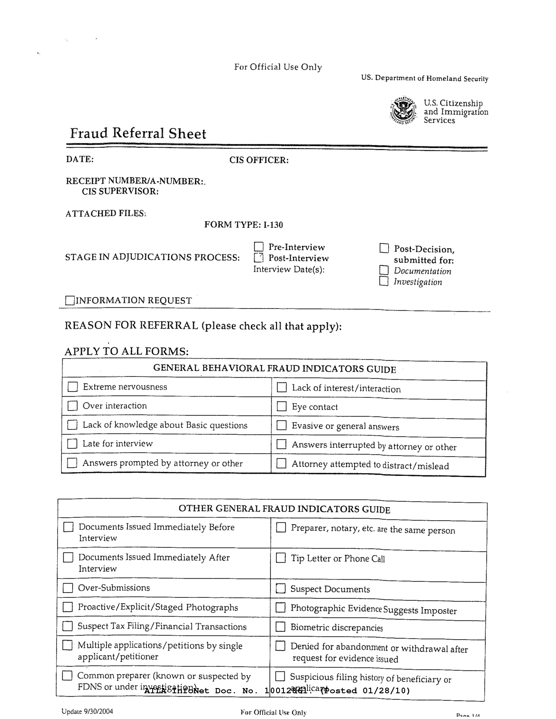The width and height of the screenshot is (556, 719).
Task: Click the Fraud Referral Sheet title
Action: click(x=138, y=133)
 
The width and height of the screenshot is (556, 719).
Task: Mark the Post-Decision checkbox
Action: click(x=384, y=249)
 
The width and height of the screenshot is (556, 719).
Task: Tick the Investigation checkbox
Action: click(x=384, y=281)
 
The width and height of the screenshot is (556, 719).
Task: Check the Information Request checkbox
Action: click(x=70, y=301)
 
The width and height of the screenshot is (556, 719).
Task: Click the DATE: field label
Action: click(x=80, y=159)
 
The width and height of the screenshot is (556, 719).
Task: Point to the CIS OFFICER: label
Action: click(x=259, y=160)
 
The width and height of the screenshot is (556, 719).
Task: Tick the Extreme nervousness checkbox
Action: click(x=72, y=387)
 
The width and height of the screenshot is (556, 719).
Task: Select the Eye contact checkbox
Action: click(x=282, y=407)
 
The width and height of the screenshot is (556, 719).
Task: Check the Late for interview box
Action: click(x=72, y=444)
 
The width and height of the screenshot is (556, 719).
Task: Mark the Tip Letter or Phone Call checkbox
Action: click(x=281, y=558)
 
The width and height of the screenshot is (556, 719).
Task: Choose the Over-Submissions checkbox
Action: click(x=68, y=588)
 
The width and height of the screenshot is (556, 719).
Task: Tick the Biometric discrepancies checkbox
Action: click(x=281, y=627)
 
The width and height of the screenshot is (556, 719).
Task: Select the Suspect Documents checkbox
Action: click(x=280, y=589)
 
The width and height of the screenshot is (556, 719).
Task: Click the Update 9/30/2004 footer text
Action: click(x=87, y=711)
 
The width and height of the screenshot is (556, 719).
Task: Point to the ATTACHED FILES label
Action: click(x=106, y=214)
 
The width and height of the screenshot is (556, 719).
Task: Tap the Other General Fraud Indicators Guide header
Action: click(x=284, y=509)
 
